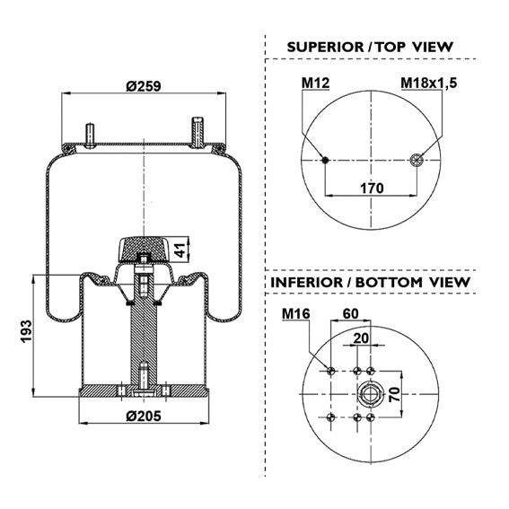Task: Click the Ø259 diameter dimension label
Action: (143, 86)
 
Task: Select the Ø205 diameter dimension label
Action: (143, 416)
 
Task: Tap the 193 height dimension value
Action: (26, 330)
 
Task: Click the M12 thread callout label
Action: (315, 83)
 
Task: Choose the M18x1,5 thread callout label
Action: (428, 83)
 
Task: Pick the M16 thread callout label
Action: (295, 314)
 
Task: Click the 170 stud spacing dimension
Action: (372, 188)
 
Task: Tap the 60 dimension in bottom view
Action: (351, 313)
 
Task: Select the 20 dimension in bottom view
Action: (361, 338)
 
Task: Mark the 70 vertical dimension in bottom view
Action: (394, 394)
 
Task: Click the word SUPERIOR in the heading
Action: (325, 48)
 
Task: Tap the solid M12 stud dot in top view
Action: (325, 160)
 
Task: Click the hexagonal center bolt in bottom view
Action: (369, 394)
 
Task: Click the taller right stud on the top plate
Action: (197, 133)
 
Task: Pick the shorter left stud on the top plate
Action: (90, 136)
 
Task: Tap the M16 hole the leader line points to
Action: (330, 371)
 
